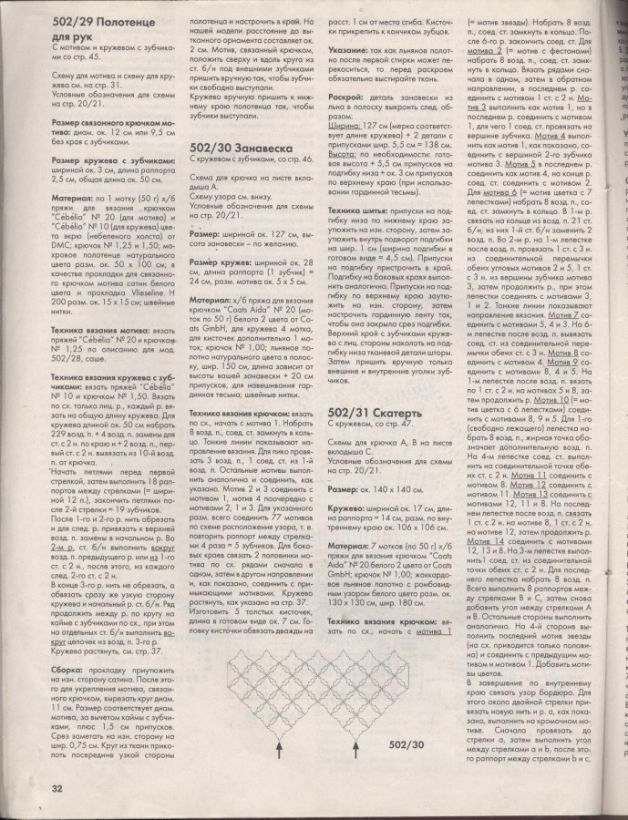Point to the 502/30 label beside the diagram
(407, 746)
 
